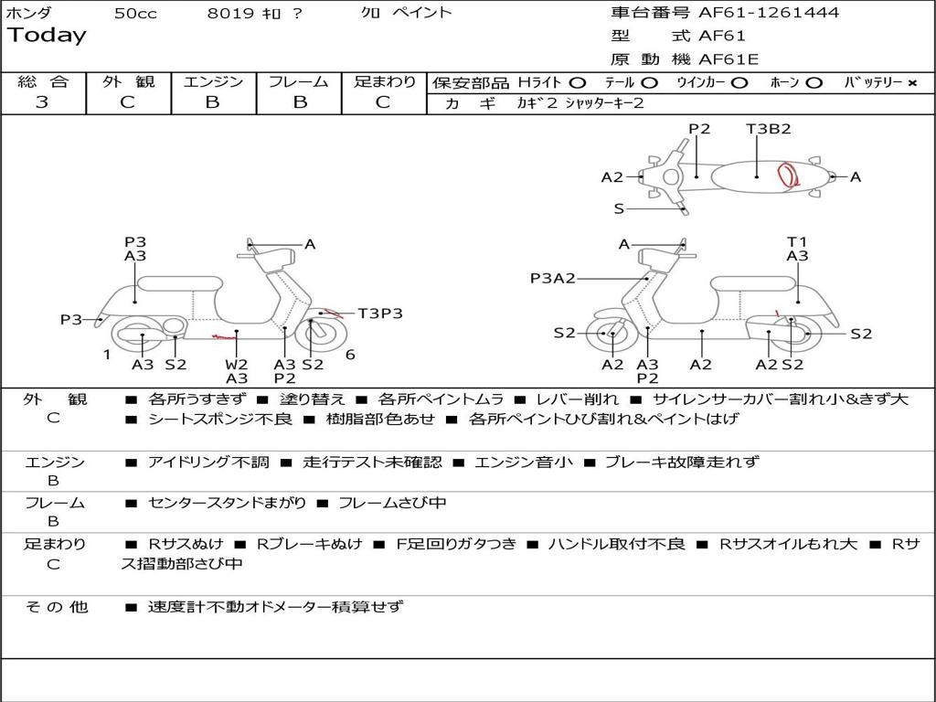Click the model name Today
click(x=47, y=36)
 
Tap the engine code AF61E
click(x=729, y=59)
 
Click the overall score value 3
click(x=42, y=102)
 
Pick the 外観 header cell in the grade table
click(x=128, y=81)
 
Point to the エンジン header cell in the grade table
click(x=213, y=81)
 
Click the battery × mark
click(x=911, y=82)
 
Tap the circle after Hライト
click(x=578, y=82)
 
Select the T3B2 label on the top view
click(x=768, y=129)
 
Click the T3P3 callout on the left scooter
click(x=379, y=314)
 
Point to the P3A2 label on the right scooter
click(x=552, y=278)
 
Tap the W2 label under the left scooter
click(x=237, y=365)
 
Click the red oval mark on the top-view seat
click(x=787, y=175)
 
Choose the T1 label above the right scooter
click(x=797, y=242)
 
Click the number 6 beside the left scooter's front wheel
click(x=350, y=355)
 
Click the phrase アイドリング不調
click(x=208, y=463)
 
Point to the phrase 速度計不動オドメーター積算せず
click(x=274, y=606)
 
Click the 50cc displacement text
click(x=134, y=14)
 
